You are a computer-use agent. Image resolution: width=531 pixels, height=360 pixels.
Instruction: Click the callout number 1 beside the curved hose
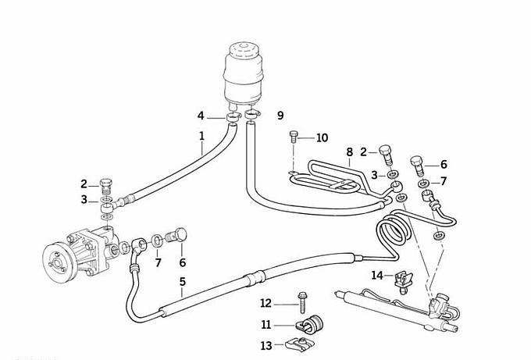coord(201,136)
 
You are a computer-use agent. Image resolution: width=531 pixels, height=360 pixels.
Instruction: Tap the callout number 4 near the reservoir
coord(201,116)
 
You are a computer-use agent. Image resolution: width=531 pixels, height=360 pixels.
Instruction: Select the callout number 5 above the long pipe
coord(182,283)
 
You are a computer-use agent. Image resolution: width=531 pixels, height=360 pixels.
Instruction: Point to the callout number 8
coord(350,151)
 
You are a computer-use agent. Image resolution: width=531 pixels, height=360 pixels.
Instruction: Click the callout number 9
coord(280,116)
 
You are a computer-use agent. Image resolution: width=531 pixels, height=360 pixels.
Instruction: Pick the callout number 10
coord(322,138)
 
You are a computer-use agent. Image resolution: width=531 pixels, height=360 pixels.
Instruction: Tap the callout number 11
coord(265,323)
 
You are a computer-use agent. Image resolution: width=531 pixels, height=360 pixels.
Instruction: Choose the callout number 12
coord(265,303)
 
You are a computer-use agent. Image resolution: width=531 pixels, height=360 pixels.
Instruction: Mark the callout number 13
coord(265,344)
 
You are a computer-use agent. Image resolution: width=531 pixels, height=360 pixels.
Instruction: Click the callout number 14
coord(377,275)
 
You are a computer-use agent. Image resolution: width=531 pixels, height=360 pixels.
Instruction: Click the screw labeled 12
coord(301,303)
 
